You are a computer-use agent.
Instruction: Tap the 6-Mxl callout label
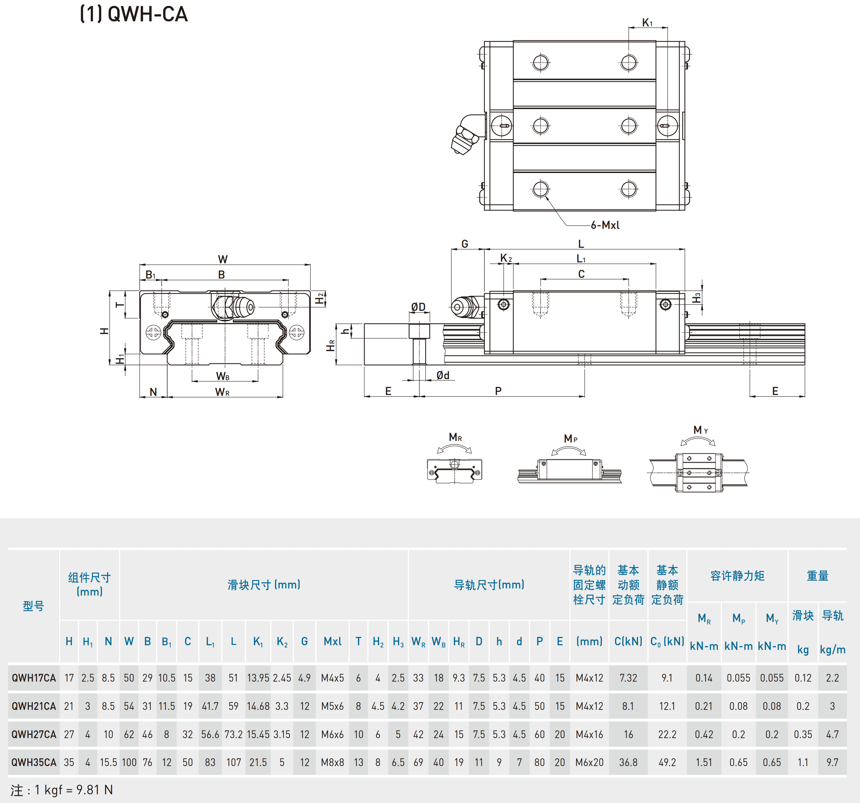(x=605, y=225)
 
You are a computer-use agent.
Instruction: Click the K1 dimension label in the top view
(x=647, y=22)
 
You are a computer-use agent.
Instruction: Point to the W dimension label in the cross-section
(x=223, y=259)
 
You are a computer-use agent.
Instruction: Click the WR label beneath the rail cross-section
(x=222, y=392)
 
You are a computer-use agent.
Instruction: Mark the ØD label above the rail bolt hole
(x=418, y=307)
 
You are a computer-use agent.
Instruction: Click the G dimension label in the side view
(x=465, y=244)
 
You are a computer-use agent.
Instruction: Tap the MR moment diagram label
(x=455, y=438)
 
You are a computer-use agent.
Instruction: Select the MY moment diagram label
(x=700, y=430)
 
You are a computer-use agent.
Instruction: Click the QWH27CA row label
(x=34, y=734)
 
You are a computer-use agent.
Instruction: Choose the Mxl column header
(x=332, y=641)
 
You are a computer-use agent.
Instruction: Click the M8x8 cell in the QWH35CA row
(x=332, y=762)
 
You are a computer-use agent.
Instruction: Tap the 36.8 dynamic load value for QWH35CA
(x=628, y=762)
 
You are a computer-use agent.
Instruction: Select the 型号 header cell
(x=33, y=606)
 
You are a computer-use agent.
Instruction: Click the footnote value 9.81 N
(x=94, y=790)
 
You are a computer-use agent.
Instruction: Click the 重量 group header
(x=817, y=576)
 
